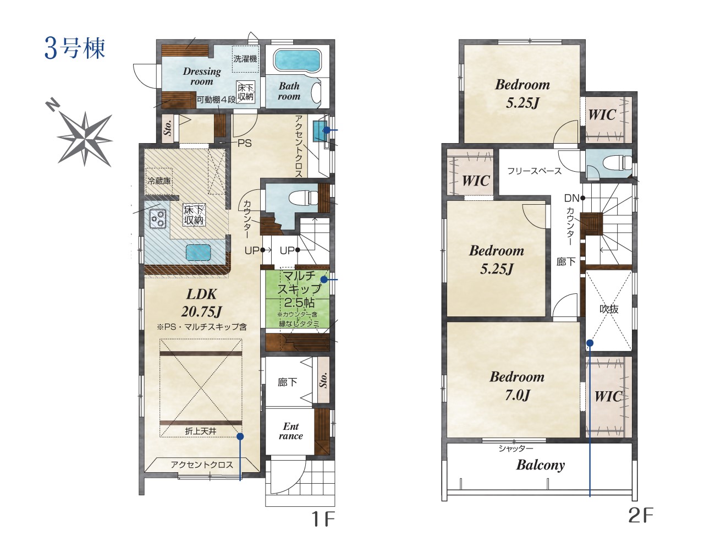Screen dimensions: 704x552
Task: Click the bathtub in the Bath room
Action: (296, 61)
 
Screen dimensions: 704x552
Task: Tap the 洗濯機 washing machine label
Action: (245, 59)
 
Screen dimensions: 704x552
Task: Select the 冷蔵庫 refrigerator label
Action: (159, 181)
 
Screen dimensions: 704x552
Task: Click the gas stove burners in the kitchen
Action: (158, 218)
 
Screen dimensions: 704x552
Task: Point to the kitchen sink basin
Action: (199, 252)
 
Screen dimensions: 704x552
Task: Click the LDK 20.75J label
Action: (201, 303)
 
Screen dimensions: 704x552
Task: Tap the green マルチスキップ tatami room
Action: (296, 299)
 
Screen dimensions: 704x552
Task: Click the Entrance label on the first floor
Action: (290, 431)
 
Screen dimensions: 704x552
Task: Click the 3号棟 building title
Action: (75, 48)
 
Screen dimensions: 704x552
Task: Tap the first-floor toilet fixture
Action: (303, 198)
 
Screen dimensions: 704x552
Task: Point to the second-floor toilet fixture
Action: (617, 162)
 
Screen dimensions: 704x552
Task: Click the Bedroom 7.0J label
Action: (517, 386)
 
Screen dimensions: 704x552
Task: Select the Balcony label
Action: (541, 465)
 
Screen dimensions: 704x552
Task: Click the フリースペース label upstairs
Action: (534, 171)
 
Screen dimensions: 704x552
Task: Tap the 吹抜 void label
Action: (609, 309)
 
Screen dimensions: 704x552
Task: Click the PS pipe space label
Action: (244, 143)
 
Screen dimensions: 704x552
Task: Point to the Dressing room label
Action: (201, 76)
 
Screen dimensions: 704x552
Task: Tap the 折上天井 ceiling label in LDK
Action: (201, 431)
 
